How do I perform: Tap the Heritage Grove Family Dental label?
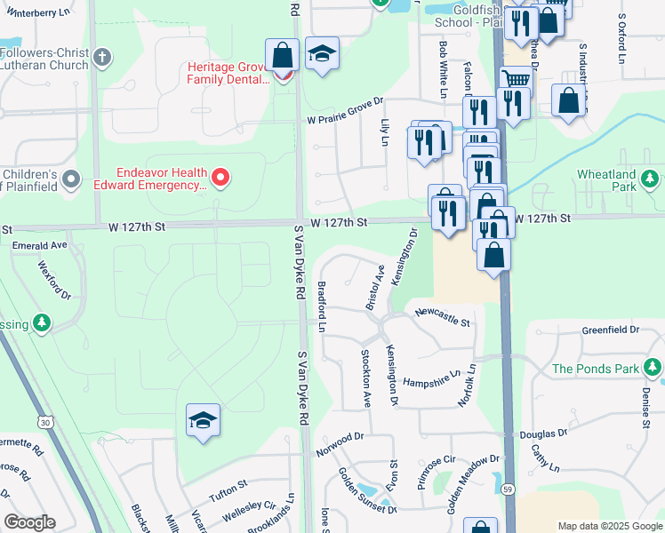228,73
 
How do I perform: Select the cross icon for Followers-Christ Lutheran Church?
102,59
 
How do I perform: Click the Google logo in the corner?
29,522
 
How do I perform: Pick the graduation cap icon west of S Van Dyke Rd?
203,419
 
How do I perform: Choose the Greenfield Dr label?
611,330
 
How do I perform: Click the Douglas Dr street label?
543,434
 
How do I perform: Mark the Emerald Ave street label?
39,244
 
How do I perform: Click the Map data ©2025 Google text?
609,526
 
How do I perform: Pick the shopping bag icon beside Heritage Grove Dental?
282,55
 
